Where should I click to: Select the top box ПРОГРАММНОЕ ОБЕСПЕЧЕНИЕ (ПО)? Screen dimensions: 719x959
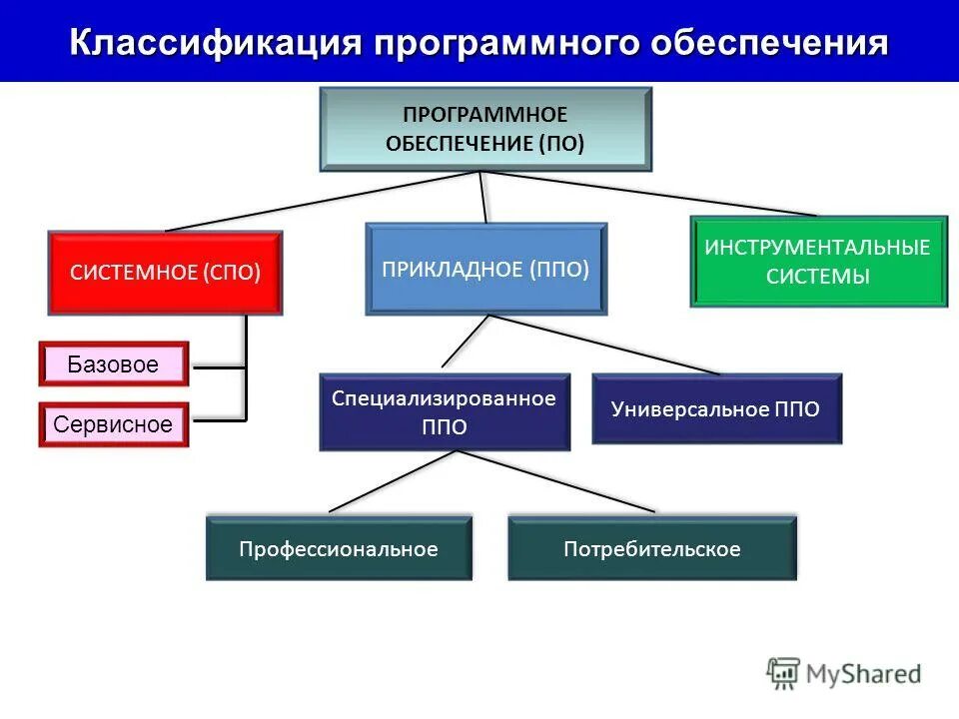coord(485,129)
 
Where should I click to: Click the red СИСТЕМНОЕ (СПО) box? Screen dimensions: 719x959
coord(166,273)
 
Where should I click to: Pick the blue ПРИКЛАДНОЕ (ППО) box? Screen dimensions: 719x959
coord(486,269)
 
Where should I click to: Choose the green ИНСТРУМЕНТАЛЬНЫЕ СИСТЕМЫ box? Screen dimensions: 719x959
coord(818,262)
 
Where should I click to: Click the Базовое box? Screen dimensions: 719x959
coord(114,364)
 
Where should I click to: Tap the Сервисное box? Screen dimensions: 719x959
coord(114,424)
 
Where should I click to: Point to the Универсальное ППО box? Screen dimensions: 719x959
coord(716,408)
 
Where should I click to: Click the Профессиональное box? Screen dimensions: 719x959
coord(339,548)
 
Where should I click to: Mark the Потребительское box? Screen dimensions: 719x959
coord(652,548)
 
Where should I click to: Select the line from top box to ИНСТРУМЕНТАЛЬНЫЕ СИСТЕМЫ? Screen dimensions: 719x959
coord(649,194)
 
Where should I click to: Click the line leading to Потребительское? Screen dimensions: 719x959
coord(556,481)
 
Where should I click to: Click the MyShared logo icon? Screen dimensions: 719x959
coord(784,673)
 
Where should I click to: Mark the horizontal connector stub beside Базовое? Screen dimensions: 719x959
coord(219,367)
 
